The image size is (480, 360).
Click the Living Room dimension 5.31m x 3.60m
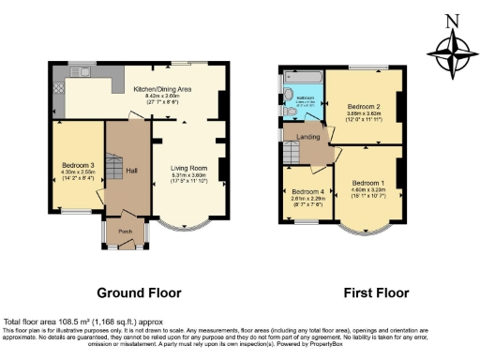click(x=188, y=174)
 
